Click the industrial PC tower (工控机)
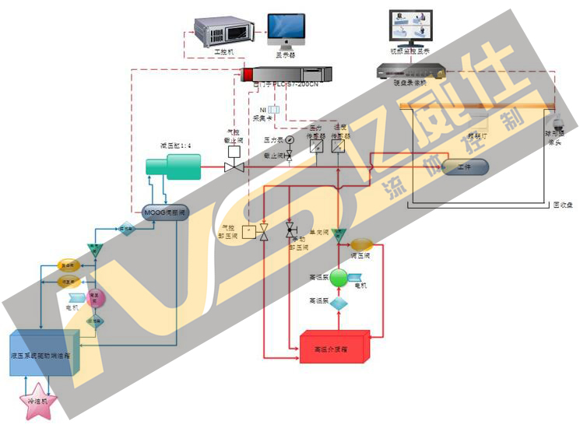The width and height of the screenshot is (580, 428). pos(224,30)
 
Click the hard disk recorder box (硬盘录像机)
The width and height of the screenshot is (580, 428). pos(411,70)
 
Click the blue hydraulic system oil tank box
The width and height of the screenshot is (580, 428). pos(44,354)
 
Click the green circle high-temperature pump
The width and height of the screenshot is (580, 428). pos(338,278)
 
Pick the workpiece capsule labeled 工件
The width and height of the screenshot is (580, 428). pos(465,167)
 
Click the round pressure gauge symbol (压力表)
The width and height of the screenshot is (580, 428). pos(290,140)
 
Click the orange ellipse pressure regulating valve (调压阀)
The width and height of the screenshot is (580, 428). pos(363,244)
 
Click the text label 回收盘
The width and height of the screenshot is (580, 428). pos(562,205)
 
